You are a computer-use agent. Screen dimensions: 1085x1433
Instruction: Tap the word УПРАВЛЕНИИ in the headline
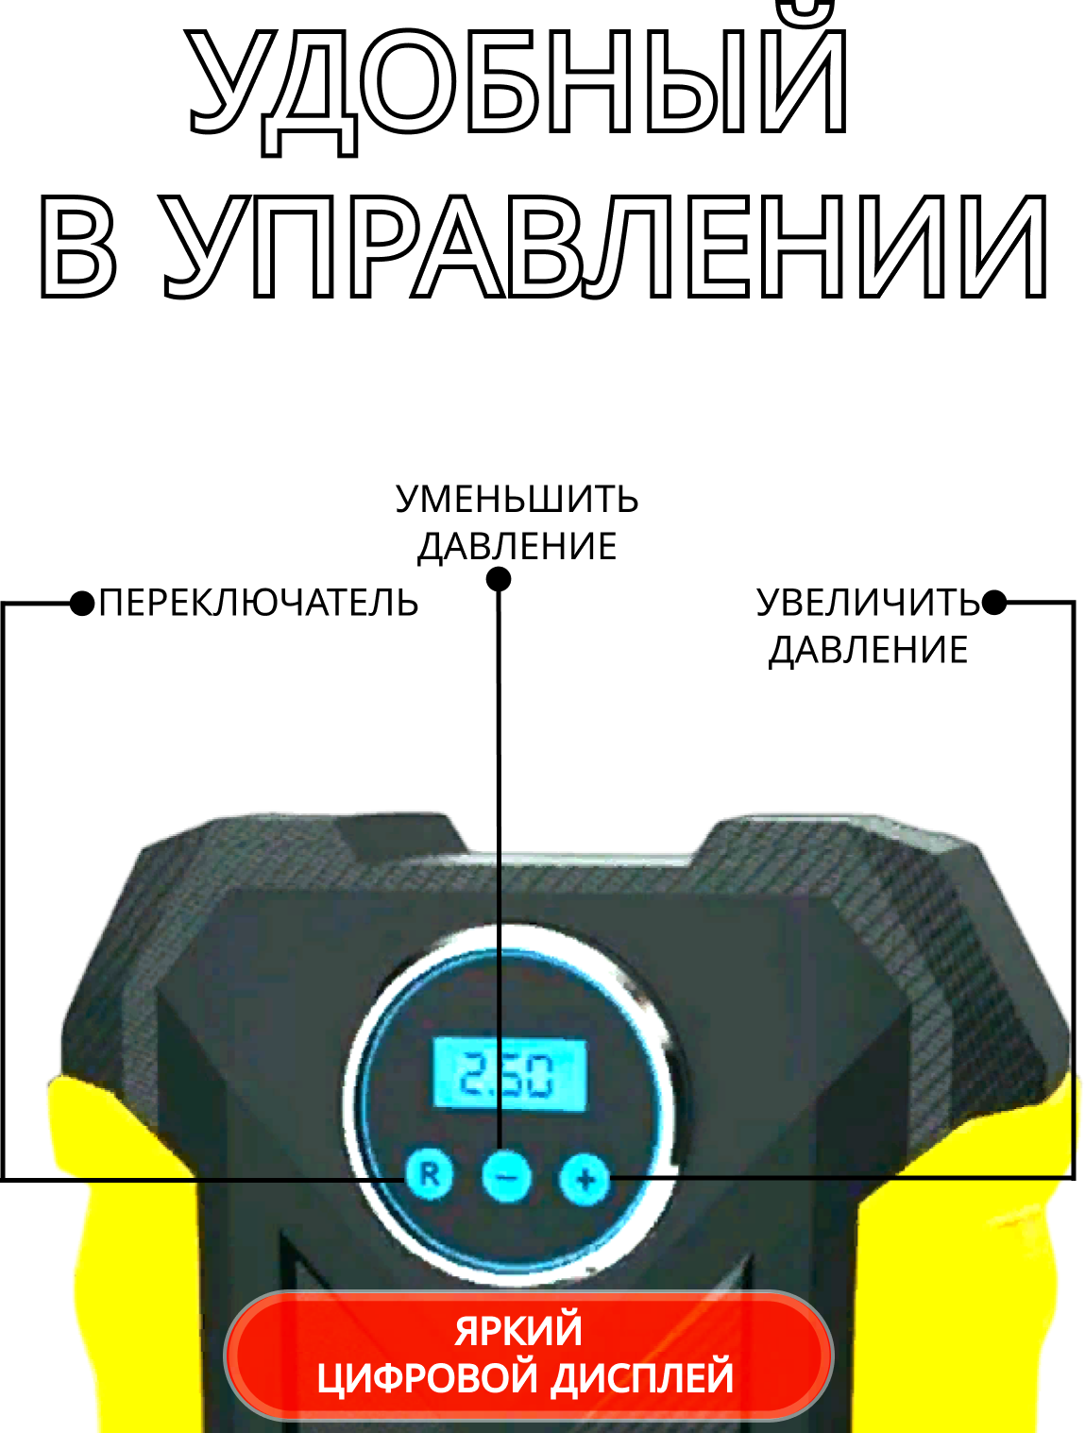tap(605, 247)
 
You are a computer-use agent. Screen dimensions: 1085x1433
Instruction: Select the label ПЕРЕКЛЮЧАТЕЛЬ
tap(258, 603)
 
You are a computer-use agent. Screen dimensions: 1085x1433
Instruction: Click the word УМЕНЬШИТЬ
tap(517, 500)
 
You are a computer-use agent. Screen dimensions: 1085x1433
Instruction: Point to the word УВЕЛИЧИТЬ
tap(868, 603)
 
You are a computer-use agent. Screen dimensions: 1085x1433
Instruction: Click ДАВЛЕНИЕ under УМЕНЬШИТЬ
tap(517, 547)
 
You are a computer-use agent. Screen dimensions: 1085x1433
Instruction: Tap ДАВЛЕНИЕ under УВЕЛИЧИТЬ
tap(868, 650)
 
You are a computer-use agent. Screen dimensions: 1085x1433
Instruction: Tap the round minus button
tap(506, 1177)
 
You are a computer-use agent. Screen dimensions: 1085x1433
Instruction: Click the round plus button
tap(585, 1179)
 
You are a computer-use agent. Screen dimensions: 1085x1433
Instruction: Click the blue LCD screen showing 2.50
tap(509, 1075)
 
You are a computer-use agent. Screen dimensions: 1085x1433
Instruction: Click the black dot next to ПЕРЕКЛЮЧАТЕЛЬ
tap(83, 603)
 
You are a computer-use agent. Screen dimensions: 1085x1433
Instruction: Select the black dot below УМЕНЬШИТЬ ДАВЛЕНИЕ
tap(499, 578)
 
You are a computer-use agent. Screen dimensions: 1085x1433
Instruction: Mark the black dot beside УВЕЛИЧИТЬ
tap(994, 603)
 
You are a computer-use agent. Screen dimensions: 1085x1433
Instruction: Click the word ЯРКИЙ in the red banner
tap(518, 1330)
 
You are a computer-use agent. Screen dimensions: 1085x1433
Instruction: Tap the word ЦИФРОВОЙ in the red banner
tap(428, 1378)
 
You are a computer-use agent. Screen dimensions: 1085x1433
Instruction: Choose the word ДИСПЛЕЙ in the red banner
tap(642, 1378)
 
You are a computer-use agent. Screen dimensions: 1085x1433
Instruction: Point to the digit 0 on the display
tap(541, 1076)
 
